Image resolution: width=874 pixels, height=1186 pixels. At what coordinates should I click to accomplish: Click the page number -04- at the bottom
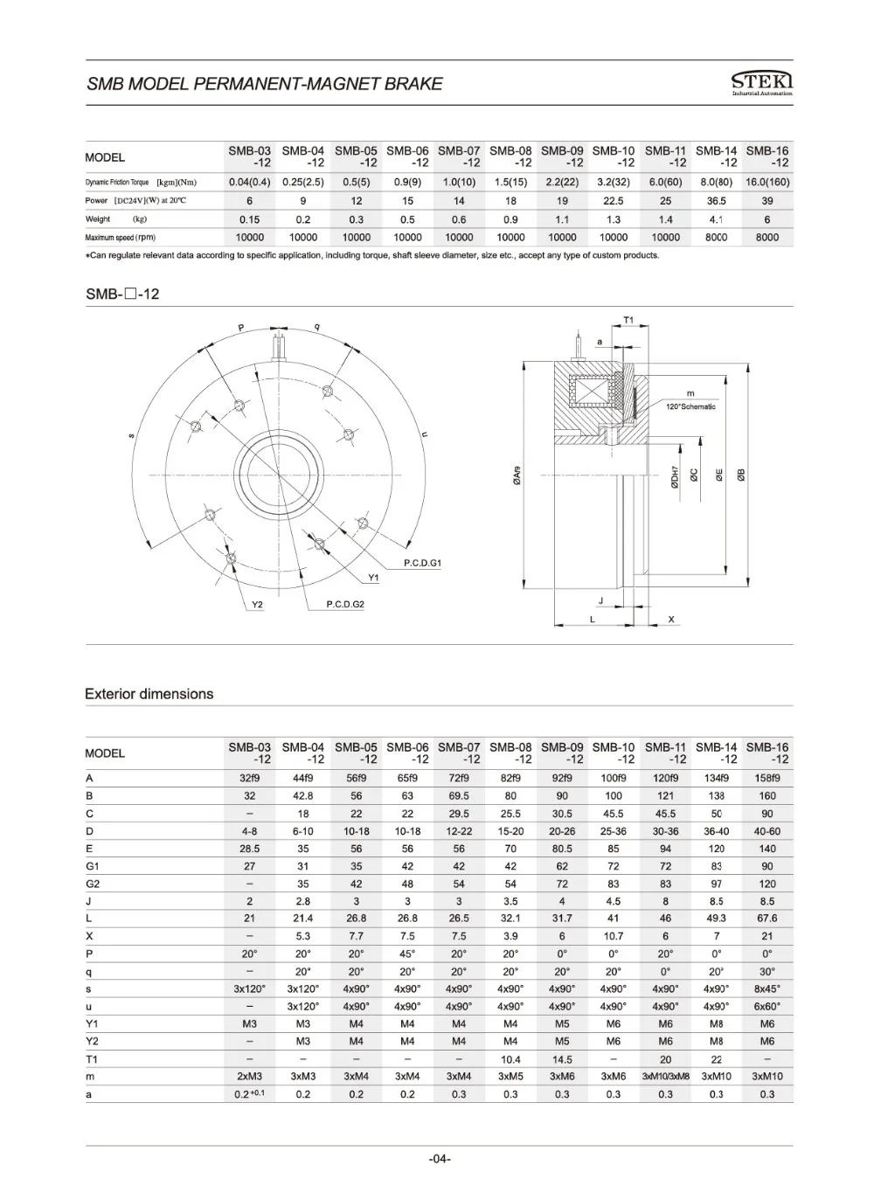click(440, 1159)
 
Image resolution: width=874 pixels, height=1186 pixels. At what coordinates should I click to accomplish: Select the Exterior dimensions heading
click(149, 694)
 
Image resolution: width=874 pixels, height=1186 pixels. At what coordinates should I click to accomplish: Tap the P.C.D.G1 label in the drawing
click(422, 564)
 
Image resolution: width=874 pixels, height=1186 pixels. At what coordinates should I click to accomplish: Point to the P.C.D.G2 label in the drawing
click(344, 604)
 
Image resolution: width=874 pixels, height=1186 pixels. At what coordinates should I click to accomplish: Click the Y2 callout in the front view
click(256, 604)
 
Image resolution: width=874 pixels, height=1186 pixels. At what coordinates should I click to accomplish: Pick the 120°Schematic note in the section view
click(690, 406)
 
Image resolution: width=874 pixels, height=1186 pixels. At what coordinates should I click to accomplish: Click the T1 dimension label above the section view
click(628, 321)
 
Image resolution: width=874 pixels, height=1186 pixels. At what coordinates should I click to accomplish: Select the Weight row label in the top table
click(98, 219)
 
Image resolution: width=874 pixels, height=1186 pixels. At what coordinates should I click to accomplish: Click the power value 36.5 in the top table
click(717, 201)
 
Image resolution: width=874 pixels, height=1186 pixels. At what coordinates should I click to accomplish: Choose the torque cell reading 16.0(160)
click(767, 182)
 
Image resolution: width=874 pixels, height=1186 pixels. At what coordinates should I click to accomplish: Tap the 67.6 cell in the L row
click(767, 919)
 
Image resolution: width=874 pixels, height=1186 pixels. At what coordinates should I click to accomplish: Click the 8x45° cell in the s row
click(767, 988)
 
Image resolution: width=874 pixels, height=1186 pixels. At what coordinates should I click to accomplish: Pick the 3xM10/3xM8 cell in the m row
click(666, 1077)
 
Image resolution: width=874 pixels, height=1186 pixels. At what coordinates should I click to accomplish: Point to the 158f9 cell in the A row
click(767, 778)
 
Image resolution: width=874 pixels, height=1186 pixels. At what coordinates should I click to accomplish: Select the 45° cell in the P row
click(407, 954)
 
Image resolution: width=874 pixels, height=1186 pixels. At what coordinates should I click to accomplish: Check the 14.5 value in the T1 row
click(562, 1059)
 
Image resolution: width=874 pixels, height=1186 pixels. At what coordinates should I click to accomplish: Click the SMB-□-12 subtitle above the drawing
click(122, 295)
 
